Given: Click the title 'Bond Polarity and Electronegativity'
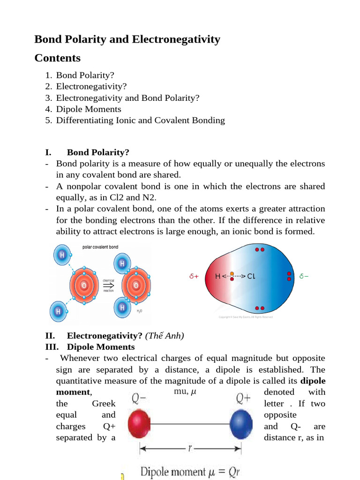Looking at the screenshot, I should (127, 39).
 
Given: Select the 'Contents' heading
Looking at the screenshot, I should (57, 58).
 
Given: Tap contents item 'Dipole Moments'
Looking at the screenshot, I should (89, 109).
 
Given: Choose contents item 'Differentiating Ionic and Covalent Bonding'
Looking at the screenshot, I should (140, 120).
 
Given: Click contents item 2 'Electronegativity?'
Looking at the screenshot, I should (91, 86).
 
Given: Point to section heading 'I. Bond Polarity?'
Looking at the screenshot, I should (87, 152).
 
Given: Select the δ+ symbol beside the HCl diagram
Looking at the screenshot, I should (194, 277).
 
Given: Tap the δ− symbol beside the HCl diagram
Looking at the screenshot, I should (304, 277).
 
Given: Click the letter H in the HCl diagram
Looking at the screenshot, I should (217, 277).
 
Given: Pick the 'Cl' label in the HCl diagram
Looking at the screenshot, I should (251, 277).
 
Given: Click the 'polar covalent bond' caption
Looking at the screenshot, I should (100, 247).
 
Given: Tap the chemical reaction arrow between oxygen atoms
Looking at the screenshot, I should (108, 285).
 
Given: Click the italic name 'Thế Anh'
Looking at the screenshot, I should (165, 336).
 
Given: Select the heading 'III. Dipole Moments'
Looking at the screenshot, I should (90, 347).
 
